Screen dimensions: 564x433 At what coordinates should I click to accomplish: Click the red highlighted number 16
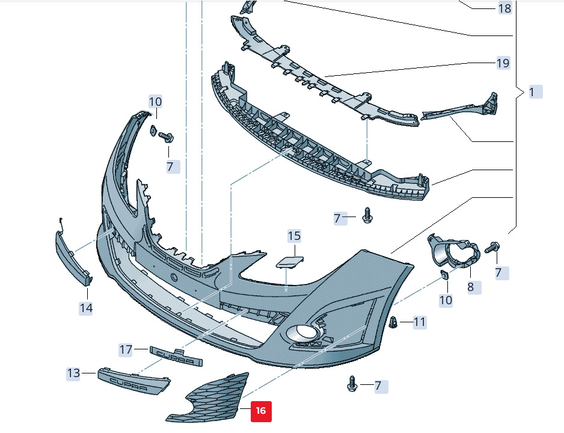[261, 411]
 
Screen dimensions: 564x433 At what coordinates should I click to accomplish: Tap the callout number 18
[504, 8]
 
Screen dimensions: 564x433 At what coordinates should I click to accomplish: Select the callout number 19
[503, 63]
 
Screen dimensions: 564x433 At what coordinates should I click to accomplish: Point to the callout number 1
[532, 92]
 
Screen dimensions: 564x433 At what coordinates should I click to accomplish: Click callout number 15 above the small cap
[294, 236]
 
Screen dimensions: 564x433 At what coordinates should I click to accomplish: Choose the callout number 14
[86, 308]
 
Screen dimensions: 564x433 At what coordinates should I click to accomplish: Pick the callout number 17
[126, 349]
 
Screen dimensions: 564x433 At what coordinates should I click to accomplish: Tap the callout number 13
[73, 373]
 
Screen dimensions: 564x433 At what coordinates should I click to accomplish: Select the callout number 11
[419, 322]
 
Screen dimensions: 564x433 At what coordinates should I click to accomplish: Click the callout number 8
[470, 287]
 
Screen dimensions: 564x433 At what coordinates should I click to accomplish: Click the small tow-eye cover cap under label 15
[290, 262]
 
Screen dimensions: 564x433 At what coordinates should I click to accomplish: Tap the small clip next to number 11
[393, 322]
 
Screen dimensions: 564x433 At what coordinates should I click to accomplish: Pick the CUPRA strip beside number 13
[134, 381]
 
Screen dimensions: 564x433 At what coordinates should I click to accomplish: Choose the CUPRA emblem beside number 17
[176, 357]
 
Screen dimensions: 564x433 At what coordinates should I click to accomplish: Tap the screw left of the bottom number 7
[352, 384]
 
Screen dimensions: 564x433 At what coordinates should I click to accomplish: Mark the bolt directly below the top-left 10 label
[166, 137]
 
